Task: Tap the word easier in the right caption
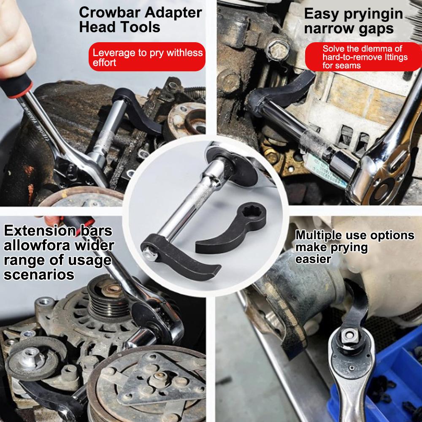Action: click(313, 259)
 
